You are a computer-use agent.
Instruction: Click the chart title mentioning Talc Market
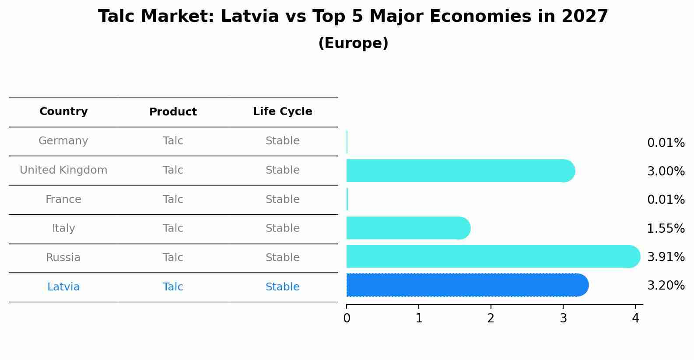click(x=353, y=17)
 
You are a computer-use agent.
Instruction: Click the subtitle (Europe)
click(x=353, y=43)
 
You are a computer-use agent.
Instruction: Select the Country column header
click(x=63, y=112)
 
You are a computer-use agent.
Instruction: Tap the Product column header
click(x=173, y=112)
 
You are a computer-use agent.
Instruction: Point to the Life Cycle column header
click(x=282, y=112)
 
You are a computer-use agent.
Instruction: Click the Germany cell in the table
click(x=63, y=141)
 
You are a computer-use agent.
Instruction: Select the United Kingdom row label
click(x=63, y=170)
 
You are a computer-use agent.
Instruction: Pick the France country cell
click(x=63, y=199)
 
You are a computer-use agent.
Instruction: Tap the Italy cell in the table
click(x=63, y=228)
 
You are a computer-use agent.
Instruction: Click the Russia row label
click(x=63, y=258)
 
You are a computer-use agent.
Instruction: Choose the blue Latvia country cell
click(x=63, y=287)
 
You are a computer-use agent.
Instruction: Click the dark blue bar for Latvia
click(x=464, y=285)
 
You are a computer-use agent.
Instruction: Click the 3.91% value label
click(x=666, y=257)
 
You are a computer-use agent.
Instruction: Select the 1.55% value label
click(x=666, y=228)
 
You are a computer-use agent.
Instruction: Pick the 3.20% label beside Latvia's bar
click(x=666, y=286)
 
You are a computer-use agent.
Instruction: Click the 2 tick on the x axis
click(x=491, y=318)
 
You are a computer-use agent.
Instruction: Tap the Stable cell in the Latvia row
click(x=282, y=287)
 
